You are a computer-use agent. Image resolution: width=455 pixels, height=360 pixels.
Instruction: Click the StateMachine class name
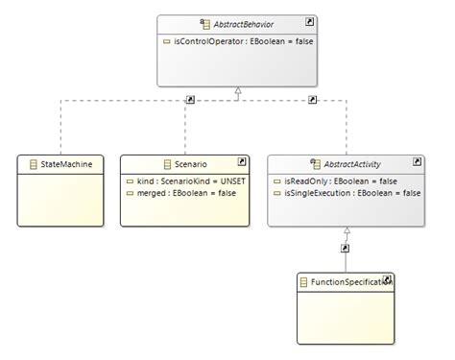click(x=65, y=164)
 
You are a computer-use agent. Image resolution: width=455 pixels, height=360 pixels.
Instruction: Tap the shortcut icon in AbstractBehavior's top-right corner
click(x=309, y=20)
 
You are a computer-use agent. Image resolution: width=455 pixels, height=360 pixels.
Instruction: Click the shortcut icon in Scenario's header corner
click(x=241, y=161)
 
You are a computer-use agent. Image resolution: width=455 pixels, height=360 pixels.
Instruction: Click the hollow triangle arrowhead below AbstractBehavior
click(x=237, y=92)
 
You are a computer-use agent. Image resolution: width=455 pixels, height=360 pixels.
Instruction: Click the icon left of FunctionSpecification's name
click(x=303, y=281)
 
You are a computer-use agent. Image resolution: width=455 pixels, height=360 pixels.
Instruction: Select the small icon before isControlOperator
click(x=168, y=42)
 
